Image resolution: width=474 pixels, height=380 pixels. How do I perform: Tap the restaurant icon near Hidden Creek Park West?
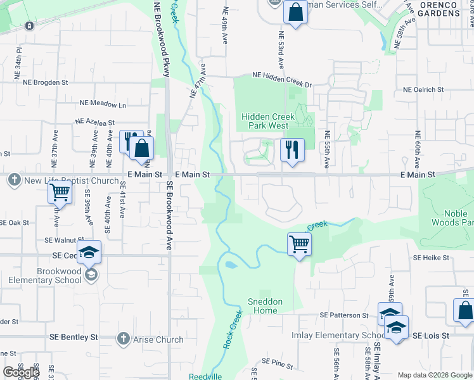[x=292, y=150]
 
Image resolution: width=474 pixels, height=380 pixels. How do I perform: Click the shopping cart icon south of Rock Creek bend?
[x=299, y=243]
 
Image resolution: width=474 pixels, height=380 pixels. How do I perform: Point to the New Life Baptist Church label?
[x=71, y=180]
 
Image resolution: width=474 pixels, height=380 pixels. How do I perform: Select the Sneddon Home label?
[x=265, y=306]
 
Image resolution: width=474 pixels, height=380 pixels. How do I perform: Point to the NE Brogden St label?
[x=45, y=82]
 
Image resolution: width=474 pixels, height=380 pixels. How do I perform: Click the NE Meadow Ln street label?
[x=103, y=104]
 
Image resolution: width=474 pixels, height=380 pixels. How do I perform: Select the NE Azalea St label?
[x=94, y=122]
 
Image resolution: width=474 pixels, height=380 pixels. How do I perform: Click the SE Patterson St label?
[x=344, y=315]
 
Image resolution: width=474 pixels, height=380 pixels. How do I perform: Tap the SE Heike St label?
[x=431, y=258]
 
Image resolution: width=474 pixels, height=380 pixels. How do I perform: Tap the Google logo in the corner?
[x=21, y=372]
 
